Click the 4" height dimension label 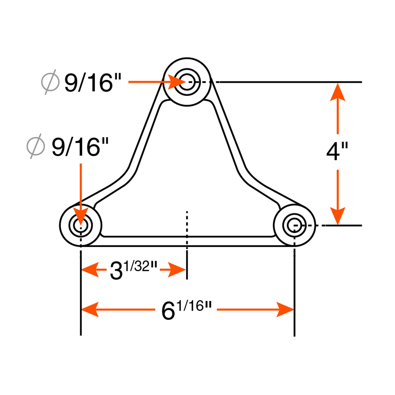tap(337, 152)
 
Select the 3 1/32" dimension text tap(133, 270)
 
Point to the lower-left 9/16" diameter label tap(80, 146)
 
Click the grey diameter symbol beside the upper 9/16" tap(51, 82)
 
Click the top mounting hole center tap(187, 82)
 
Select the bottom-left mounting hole tap(81, 225)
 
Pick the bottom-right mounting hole tap(294, 225)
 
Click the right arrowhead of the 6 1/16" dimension tap(285, 310)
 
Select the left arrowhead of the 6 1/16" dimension tap(90, 310)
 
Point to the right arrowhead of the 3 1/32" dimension tap(177, 269)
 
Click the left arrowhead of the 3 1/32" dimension tap(90, 269)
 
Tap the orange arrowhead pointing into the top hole tap(177, 82)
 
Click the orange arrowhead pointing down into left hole tap(81, 216)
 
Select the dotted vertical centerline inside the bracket tap(187, 231)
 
